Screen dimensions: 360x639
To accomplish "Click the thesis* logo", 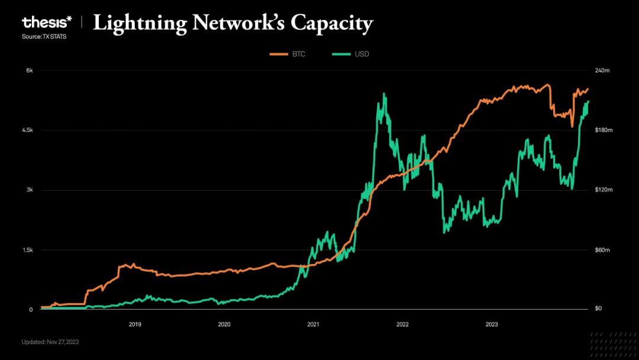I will (x=47, y=23).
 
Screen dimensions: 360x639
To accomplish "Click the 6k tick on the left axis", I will (x=28, y=70).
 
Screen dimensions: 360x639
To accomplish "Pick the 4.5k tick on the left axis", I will (x=27, y=130).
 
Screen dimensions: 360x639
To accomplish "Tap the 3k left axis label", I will (x=28, y=190).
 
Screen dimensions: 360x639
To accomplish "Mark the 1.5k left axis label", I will (x=27, y=250).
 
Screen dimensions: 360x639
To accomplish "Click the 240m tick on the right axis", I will (x=602, y=70).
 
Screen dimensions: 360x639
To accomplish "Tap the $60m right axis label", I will (x=601, y=250).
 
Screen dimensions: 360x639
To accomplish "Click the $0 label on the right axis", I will (x=598, y=309).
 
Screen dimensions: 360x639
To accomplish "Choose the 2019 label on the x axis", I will (x=135, y=324).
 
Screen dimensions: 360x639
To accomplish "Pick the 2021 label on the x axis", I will (x=313, y=324).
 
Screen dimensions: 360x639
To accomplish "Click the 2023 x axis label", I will (x=491, y=324).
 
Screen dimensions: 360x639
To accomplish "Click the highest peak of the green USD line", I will (x=384, y=94).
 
